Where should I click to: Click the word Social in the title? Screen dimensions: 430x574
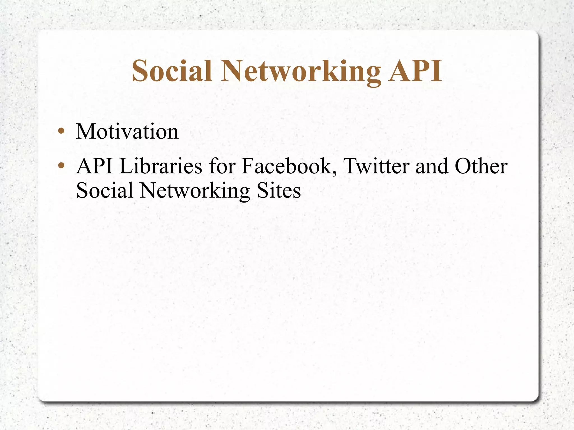[172, 71]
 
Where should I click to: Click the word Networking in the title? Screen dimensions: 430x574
[301, 72]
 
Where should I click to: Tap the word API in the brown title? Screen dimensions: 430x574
[415, 71]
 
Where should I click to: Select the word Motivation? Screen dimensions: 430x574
[127, 131]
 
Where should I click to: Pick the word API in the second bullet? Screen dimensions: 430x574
[95, 166]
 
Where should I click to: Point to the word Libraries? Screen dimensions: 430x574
[160, 166]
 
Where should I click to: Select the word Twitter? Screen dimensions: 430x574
[376, 166]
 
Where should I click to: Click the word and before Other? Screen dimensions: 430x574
[432, 166]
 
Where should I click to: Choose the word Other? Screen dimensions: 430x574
[481, 166]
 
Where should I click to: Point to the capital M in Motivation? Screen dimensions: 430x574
[85, 131]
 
